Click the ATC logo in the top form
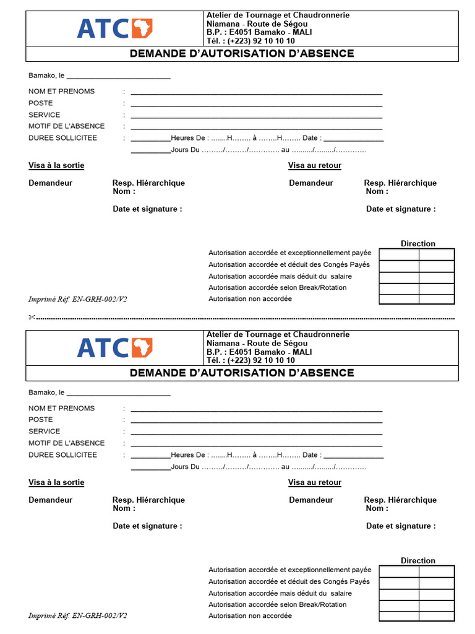point(114,28)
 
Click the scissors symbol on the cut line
point(31,318)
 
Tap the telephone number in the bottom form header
point(250,360)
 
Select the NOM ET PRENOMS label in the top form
point(62,92)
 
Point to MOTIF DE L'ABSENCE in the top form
point(67,126)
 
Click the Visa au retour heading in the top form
point(314,166)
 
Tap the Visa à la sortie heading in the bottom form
point(56,483)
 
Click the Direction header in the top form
point(417,244)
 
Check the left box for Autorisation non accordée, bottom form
point(398,616)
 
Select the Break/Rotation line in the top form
point(277,288)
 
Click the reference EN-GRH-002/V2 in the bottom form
point(78,616)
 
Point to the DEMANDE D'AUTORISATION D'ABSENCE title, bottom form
point(242,373)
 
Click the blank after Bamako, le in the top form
point(118,76)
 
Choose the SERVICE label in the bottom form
point(45,432)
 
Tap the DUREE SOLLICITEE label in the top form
point(62,138)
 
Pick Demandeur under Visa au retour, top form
point(310,183)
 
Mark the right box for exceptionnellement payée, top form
point(436,254)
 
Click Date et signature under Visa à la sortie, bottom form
point(147,526)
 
